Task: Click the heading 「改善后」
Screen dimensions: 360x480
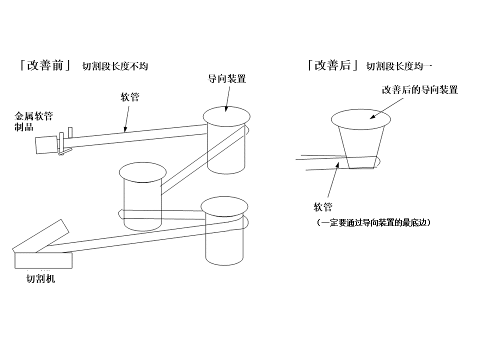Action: coord(333,65)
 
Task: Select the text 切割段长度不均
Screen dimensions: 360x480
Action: coord(115,66)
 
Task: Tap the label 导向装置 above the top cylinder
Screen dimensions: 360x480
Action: coord(227,78)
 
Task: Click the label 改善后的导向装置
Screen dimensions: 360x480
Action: coord(420,90)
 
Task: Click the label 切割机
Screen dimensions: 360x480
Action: coord(40,279)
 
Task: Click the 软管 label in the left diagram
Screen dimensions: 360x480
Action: coord(130,97)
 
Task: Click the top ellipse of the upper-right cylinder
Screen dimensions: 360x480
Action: coord(226,116)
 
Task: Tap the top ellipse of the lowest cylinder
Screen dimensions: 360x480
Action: coord(224,205)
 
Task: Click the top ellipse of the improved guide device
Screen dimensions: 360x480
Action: coord(361,118)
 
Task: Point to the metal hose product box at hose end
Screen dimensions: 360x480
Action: coord(46,145)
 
